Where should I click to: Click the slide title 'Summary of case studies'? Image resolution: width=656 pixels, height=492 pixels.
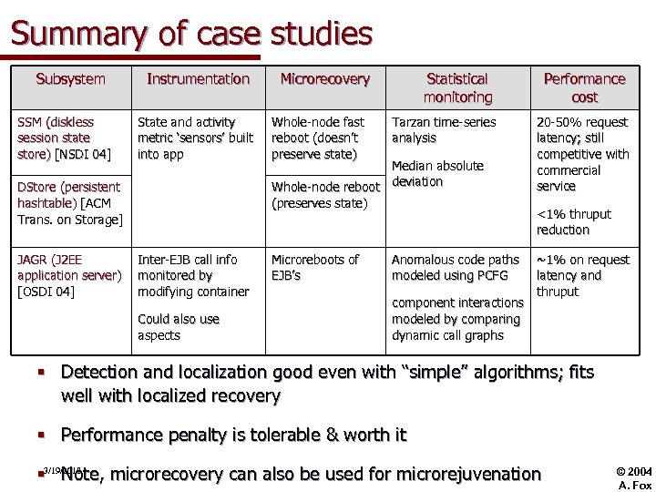pyautogui.click(x=191, y=34)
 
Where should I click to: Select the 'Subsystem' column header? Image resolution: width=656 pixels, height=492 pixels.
pyautogui.click(x=70, y=79)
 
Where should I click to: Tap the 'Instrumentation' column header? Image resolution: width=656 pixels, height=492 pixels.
pyautogui.click(x=198, y=79)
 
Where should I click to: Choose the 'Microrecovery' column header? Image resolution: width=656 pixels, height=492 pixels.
pyautogui.click(x=324, y=79)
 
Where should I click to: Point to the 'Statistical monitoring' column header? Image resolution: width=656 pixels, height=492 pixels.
pyautogui.click(x=457, y=87)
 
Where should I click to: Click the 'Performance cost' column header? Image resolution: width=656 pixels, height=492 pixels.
pyautogui.click(x=584, y=87)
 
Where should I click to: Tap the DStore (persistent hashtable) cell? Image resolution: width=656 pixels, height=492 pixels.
pyautogui.click(x=69, y=203)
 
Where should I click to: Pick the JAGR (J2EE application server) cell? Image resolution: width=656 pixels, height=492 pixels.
pyautogui.click(x=69, y=275)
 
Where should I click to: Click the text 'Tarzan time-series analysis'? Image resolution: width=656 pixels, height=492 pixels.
pyautogui.click(x=444, y=129)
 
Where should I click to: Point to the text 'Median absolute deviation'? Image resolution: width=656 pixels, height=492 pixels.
pyautogui.click(x=437, y=173)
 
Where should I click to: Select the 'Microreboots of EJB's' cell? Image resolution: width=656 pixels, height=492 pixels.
pyautogui.click(x=315, y=267)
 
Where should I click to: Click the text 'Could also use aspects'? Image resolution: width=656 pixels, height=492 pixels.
pyautogui.click(x=179, y=327)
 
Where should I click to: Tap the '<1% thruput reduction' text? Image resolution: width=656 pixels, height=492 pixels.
pyautogui.click(x=574, y=222)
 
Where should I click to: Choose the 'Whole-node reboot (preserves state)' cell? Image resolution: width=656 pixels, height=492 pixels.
pyautogui.click(x=325, y=195)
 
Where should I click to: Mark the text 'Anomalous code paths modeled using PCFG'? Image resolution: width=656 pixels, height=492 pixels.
pyautogui.click(x=456, y=267)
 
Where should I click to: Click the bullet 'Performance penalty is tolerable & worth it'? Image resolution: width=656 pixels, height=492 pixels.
pyautogui.click(x=233, y=435)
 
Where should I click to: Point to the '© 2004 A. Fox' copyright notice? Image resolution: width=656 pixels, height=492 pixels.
pyautogui.click(x=634, y=478)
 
